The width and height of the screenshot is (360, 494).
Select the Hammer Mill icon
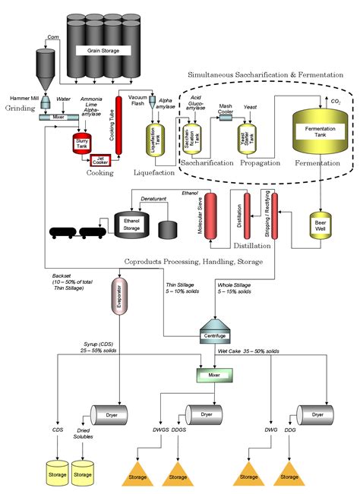pyautogui.click(x=46, y=101)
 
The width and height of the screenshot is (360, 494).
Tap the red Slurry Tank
pyautogui.click(x=81, y=144)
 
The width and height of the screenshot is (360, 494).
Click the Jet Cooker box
pyautogui.click(x=103, y=159)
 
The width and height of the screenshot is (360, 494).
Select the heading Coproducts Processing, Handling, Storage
pyautogui.click(x=193, y=262)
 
